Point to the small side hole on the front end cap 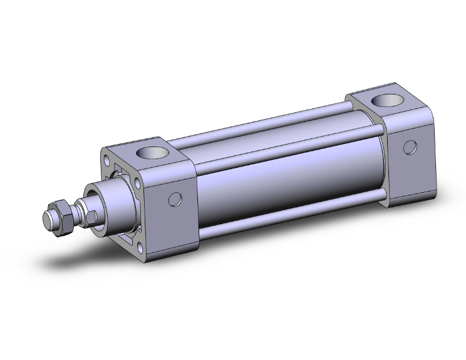click(176, 200)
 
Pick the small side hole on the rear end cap click(410, 147)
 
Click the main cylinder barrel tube click(282, 182)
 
